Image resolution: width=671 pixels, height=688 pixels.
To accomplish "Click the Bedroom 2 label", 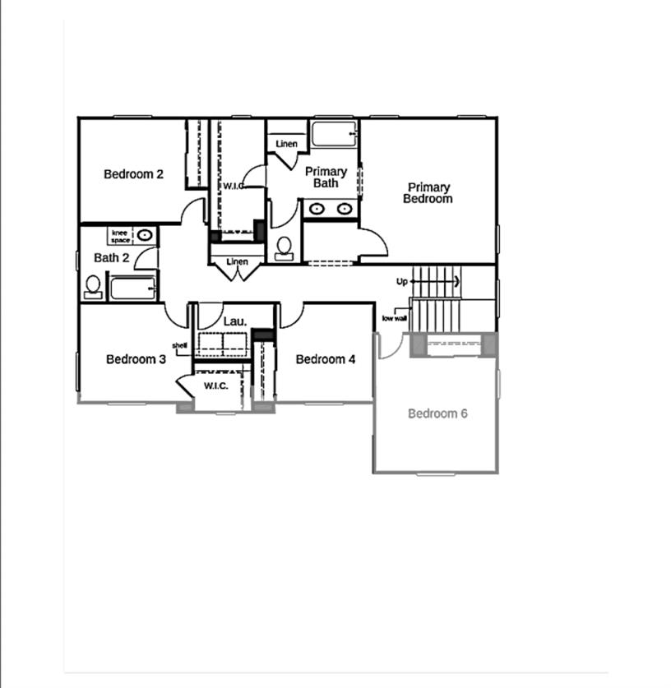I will click(x=133, y=174).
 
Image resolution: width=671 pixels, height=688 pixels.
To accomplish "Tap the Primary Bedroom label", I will click(x=428, y=193).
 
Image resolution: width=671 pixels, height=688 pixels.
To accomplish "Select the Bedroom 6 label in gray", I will click(x=437, y=413).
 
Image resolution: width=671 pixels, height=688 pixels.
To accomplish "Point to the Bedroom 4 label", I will click(x=326, y=359).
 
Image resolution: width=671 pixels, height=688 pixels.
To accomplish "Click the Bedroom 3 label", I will click(x=137, y=359).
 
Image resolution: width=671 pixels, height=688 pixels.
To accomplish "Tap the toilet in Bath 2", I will click(x=93, y=286).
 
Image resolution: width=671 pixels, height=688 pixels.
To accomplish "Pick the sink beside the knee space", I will click(x=145, y=235).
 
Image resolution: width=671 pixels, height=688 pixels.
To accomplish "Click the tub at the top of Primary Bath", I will click(x=333, y=133).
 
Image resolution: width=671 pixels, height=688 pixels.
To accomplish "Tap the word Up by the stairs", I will click(x=402, y=281).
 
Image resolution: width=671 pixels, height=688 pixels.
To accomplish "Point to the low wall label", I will click(x=394, y=318).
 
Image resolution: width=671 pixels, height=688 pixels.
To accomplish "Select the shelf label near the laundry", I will click(x=179, y=345).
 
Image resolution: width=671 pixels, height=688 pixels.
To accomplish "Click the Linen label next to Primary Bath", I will click(x=286, y=145).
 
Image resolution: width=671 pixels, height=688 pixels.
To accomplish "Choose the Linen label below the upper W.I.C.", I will click(x=237, y=262).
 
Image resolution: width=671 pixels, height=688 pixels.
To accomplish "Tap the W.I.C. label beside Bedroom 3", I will click(x=215, y=386).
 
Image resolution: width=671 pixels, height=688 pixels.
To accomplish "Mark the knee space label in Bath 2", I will click(x=120, y=236).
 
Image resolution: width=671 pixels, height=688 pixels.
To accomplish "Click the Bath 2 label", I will click(x=111, y=258).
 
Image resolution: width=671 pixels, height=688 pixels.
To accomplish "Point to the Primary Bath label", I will click(x=326, y=178).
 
